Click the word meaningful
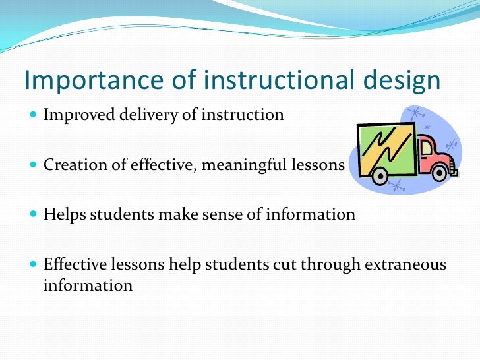249,164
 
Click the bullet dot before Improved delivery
34,115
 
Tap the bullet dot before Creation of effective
34,165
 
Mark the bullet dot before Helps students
34,215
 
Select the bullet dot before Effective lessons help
34,265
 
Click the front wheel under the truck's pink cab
439,173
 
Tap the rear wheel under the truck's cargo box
380,176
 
